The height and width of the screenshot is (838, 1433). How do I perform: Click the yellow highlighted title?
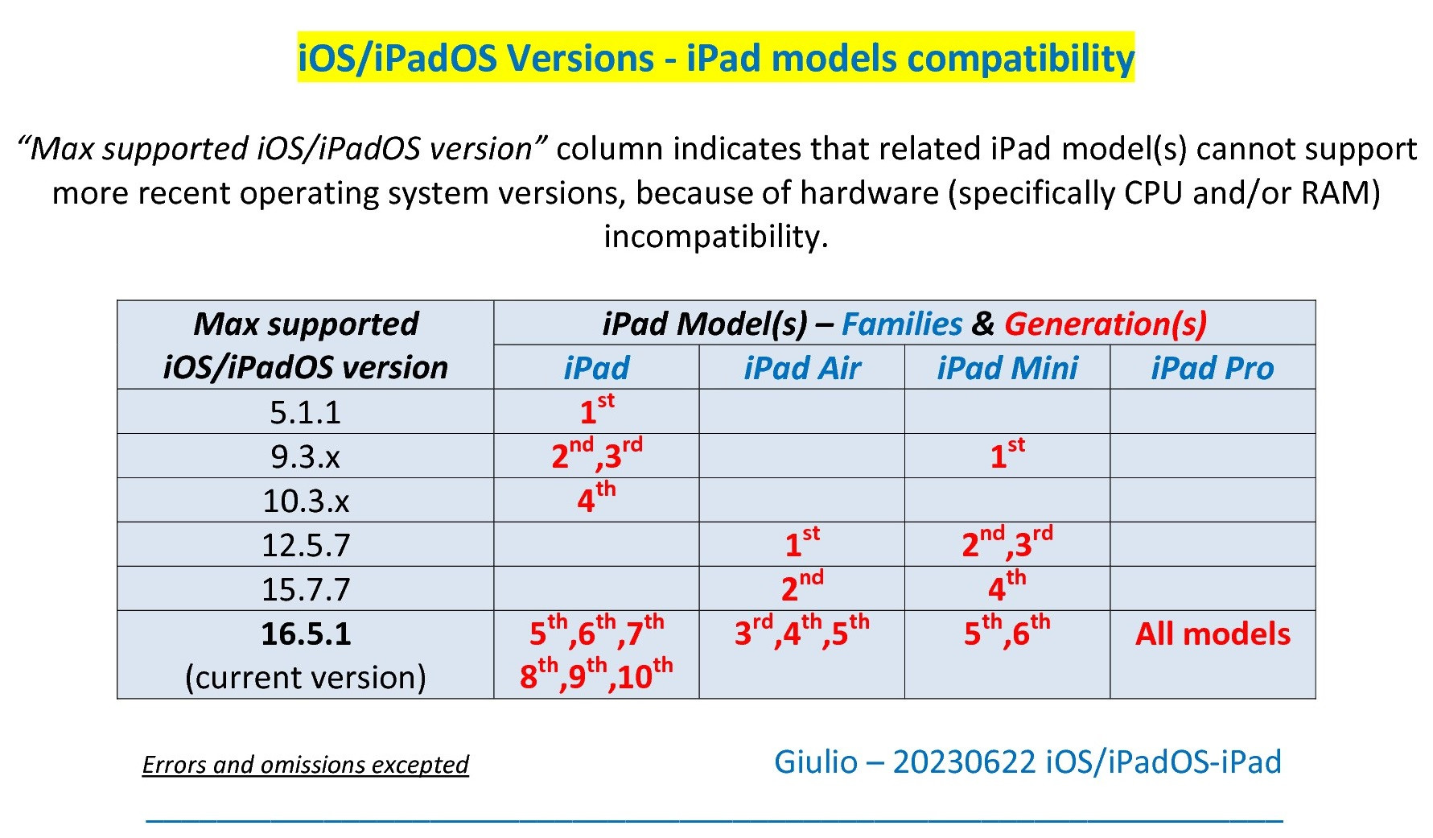[715, 58]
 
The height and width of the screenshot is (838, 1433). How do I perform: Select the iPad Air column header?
[802, 368]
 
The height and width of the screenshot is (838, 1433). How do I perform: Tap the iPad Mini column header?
[1007, 368]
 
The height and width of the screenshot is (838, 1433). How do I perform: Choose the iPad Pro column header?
[1213, 368]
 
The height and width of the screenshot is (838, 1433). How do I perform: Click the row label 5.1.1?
[305, 412]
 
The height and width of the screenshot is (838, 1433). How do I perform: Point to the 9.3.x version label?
[305, 456]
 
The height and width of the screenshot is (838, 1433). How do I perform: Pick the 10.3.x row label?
[306, 501]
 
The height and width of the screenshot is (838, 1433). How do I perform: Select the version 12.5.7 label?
[306, 545]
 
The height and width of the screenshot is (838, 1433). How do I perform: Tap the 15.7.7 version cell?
[306, 589]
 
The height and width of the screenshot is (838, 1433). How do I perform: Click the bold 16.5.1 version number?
[306, 634]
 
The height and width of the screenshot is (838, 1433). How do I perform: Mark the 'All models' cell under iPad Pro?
[1213, 634]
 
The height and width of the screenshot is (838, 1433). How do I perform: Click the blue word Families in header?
[902, 324]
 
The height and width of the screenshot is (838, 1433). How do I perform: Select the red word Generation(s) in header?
[1106, 324]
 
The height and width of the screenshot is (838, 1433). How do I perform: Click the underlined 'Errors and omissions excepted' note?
[305, 764]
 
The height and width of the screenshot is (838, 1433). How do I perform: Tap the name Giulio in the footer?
[816, 762]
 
